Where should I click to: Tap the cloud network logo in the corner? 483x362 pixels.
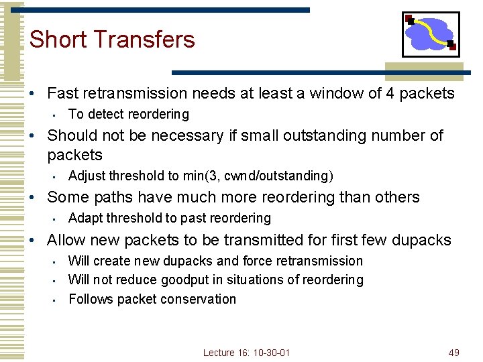coord(431,34)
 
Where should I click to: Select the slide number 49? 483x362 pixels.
coord(453,353)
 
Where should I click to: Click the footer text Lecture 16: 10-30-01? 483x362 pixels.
coord(246,353)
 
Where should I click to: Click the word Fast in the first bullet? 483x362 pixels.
coord(62,94)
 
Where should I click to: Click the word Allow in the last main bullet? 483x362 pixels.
coord(66,240)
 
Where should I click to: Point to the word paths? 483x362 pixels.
coord(110,198)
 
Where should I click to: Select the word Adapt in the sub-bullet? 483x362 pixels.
coord(86,218)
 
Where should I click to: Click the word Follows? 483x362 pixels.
coord(91,299)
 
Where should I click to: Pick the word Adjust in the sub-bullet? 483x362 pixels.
coord(87,176)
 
